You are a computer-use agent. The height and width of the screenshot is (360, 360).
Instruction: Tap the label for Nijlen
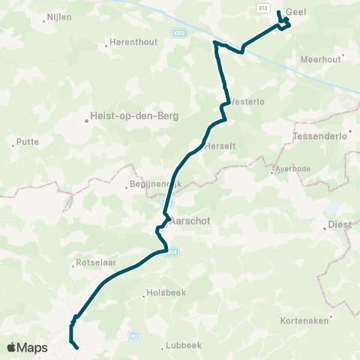[x=58, y=15]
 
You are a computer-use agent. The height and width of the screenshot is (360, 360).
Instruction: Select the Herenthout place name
[x=133, y=42]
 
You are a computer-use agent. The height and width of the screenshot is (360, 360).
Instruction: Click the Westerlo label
[x=247, y=100]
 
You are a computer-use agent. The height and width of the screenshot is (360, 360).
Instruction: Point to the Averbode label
[x=291, y=169]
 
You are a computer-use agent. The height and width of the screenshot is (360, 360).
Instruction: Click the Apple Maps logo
[x=27, y=347]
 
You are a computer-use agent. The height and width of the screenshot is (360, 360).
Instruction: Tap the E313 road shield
[x=178, y=33]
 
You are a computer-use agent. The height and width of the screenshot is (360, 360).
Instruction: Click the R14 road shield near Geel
[x=262, y=7]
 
